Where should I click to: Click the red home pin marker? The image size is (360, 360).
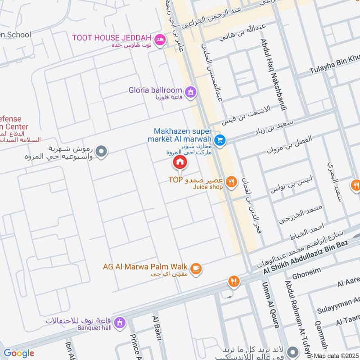tap(180, 162)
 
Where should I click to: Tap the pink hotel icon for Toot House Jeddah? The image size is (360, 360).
tap(159, 41)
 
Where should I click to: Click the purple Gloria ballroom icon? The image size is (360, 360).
tap(191, 92)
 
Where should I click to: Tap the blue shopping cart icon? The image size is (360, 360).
tap(220, 140)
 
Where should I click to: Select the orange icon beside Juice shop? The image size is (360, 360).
tap(231, 182)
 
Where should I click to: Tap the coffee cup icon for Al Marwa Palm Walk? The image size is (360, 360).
tap(196, 269)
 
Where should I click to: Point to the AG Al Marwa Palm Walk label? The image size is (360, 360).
tap(145, 266)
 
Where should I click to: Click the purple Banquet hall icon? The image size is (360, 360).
tap(119, 323)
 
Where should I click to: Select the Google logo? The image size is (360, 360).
tap(18, 353)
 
